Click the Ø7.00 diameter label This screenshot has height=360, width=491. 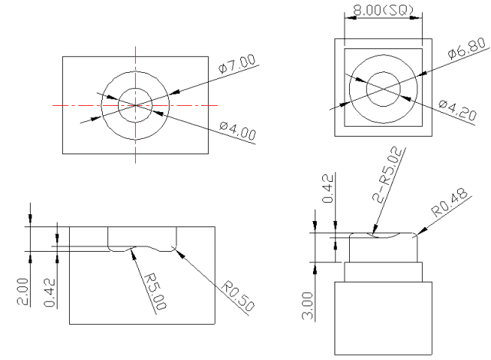coord(237,64)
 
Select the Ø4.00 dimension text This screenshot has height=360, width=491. coord(238,130)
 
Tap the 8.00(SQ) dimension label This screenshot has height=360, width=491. coord(384,10)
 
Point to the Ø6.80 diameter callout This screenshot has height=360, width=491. coord(467,48)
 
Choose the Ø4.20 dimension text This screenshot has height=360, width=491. coord(457,110)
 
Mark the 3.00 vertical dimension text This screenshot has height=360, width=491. coord(308,306)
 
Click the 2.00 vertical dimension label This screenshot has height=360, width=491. coord(22,292)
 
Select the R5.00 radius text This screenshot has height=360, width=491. coord(155,292)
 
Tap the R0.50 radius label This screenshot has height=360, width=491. coord(238,296)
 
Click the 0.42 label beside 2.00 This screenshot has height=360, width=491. coord(50,292)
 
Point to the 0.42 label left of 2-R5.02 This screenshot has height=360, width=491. coord(328,189)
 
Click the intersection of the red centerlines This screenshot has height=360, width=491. coord(135,105)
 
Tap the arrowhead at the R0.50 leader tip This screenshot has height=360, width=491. coord(176,251)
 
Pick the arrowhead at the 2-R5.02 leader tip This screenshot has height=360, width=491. coord(375,230)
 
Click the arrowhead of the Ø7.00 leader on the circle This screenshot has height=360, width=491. coord(174,92)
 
